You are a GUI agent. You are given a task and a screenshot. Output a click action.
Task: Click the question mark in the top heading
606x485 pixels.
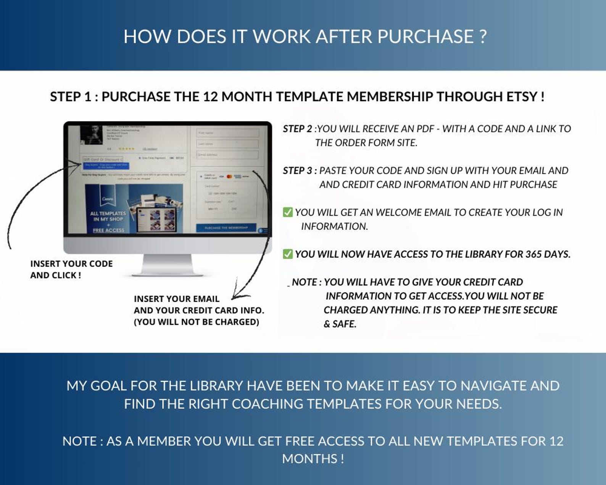coord(482,37)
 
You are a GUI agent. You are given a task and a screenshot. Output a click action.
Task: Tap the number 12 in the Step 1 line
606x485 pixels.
coord(210,97)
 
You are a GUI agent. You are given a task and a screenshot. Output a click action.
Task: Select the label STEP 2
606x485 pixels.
coord(297,129)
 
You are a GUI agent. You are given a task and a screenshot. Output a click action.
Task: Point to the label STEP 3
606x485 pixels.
coord(297,171)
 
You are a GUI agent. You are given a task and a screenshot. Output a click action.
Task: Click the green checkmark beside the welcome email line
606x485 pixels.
coord(288,212)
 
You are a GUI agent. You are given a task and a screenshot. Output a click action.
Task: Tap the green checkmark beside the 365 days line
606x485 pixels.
coord(288,254)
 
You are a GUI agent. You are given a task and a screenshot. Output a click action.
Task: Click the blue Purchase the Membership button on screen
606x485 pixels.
coord(226,228)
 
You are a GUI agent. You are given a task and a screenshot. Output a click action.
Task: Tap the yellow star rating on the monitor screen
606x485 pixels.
coord(126,149)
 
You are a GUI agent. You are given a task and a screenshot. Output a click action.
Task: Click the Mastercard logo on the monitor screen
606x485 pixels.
coord(229,176)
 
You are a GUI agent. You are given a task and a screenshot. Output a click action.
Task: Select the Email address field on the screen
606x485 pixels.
coord(227,155)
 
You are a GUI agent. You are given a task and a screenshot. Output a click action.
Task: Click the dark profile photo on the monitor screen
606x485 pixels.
coord(92,134)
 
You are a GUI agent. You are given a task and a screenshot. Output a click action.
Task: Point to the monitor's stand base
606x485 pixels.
coord(167,273)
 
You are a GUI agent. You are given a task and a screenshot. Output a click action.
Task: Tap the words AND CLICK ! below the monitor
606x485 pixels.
coord(56,275)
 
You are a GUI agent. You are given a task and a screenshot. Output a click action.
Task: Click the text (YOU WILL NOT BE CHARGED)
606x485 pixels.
coord(196,322)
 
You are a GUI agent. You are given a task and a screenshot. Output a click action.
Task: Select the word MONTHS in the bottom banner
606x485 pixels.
coord(309,459)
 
